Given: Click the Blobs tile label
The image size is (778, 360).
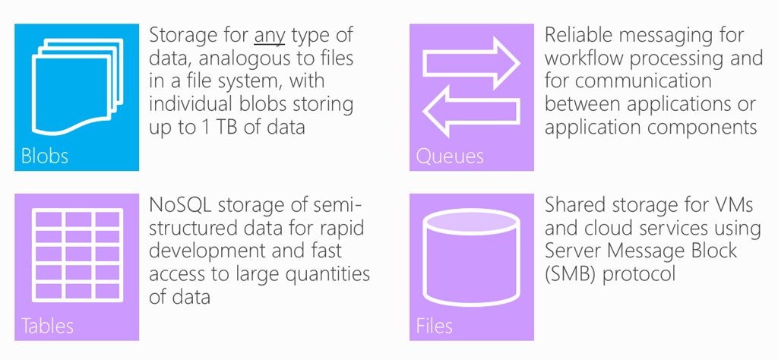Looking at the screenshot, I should click(45, 156).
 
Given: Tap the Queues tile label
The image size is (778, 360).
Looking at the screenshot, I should click(450, 156).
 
